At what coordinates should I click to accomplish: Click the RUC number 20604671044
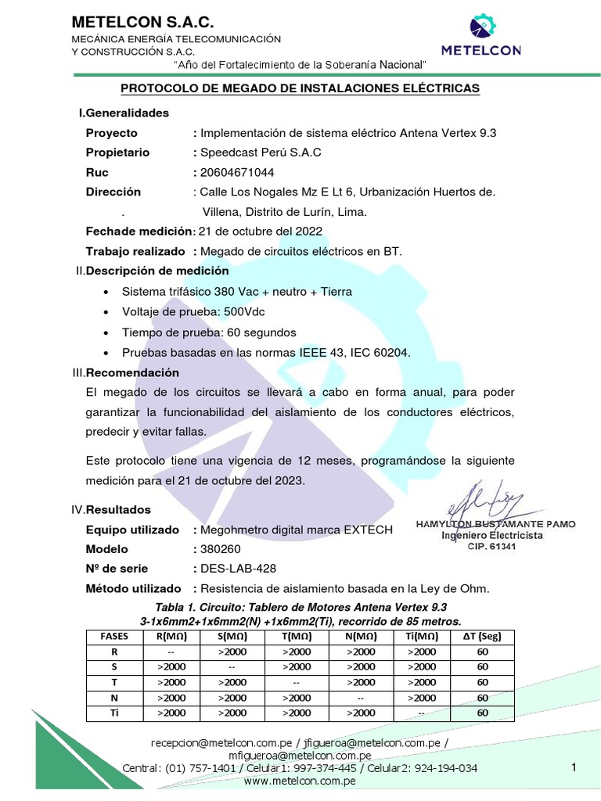pyautogui.click(x=237, y=172)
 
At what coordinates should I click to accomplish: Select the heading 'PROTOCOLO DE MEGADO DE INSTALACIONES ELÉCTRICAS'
pyautogui.click(x=300, y=88)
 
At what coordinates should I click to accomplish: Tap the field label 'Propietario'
pyautogui.click(x=117, y=153)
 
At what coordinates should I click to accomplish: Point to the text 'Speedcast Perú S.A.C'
pyautogui.click(x=261, y=153)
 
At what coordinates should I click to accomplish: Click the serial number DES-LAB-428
pyautogui.click(x=239, y=569)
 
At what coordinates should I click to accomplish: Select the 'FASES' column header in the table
pyautogui.click(x=114, y=637)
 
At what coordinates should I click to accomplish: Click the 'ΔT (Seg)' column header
pyautogui.click(x=482, y=637)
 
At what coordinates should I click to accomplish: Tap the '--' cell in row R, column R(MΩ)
pyautogui.click(x=171, y=652)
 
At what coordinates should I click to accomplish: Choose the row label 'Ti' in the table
pyautogui.click(x=114, y=713)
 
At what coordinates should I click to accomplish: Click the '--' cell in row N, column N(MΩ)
pyautogui.click(x=359, y=698)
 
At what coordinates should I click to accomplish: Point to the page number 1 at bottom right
pyautogui.click(x=574, y=768)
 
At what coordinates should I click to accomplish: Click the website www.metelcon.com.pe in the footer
pyautogui.click(x=300, y=781)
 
